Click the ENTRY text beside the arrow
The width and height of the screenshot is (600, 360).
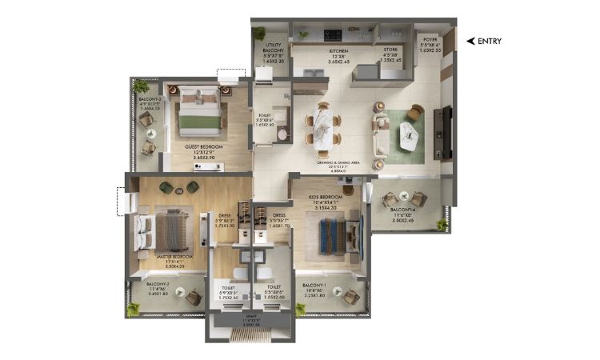490,41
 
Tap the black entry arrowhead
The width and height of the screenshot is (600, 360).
470,41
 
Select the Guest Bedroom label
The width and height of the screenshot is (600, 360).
203,147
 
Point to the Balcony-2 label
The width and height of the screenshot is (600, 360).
157,284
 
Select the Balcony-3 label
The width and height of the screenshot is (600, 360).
150,99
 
